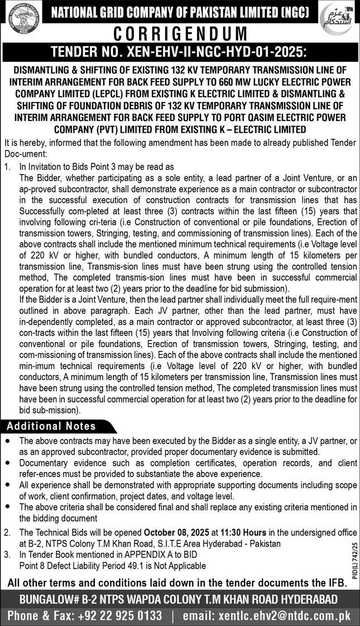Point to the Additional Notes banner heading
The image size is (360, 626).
[51, 426]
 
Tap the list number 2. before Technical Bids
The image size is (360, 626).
[7, 533]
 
